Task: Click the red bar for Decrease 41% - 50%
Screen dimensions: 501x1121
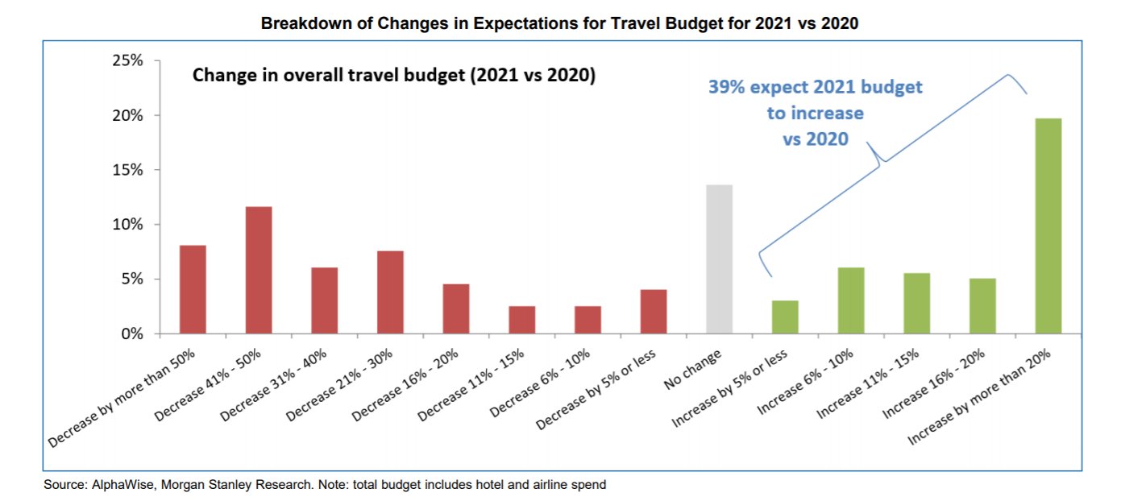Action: pyautogui.click(x=259, y=270)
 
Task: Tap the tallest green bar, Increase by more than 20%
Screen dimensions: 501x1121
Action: pyautogui.click(x=1048, y=226)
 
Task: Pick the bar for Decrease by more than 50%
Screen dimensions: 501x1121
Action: pyautogui.click(x=193, y=289)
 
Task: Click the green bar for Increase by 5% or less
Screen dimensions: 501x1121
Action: pyautogui.click(x=785, y=317)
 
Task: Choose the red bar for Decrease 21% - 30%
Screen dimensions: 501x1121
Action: pyautogui.click(x=390, y=292)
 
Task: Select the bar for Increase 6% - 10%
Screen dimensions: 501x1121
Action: pyautogui.click(x=851, y=300)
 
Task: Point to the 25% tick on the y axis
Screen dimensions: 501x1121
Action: pyautogui.click(x=127, y=61)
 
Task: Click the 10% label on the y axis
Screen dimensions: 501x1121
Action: pyautogui.click(x=127, y=225)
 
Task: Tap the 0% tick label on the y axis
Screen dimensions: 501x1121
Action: pyautogui.click(x=131, y=333)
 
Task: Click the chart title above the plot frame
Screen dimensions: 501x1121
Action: pyautogui.click(x=559, y=23)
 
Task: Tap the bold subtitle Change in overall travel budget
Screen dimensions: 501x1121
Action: pyautogui.click(x=393, y=77)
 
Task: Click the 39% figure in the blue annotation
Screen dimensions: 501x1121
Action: pyautogui.click(x=724, y=87)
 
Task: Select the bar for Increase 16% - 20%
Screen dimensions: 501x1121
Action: pyautogui.click(x=982, y=305)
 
